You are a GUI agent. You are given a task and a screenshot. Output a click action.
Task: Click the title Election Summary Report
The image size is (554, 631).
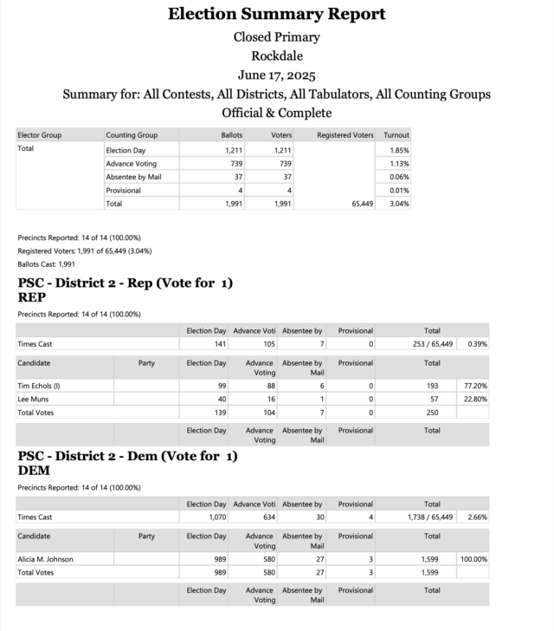pos(276,14)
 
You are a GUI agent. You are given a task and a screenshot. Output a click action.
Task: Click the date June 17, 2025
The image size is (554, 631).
pos(276,75)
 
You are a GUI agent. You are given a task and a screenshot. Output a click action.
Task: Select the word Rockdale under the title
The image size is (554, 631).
pos(276,55)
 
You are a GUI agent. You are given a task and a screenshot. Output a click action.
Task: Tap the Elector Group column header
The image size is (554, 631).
pos(40,135)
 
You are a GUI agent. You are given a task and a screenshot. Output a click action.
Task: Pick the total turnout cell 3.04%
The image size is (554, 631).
pos(399,204)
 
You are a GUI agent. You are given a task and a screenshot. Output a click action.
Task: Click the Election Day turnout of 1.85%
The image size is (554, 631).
pos(399,150)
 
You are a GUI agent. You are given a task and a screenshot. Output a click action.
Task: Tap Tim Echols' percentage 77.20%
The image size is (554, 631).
pos(473,385)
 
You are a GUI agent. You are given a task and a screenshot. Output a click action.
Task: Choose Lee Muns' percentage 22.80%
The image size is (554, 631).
pos(473,399)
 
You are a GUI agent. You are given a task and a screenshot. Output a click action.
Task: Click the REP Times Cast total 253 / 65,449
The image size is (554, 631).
pos(430,344)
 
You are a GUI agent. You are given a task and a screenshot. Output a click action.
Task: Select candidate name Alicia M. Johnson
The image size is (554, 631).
pos(46,559)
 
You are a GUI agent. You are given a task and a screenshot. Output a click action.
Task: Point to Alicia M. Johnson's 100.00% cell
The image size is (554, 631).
pos(473,559)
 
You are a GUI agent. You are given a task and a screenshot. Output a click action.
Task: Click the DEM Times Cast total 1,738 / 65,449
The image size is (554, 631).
pos(430,517)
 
